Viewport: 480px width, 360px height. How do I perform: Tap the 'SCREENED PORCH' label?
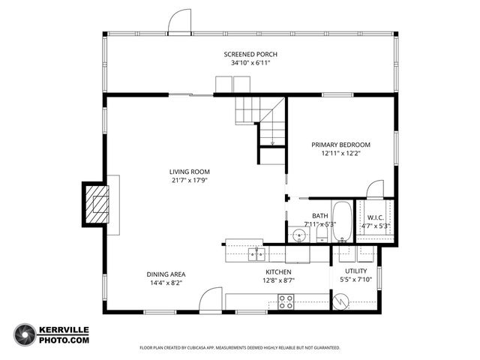coord(250,54)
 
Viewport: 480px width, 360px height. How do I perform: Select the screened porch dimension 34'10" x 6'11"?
coord(250,63)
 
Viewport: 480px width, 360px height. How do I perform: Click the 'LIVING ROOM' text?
coord(189,171)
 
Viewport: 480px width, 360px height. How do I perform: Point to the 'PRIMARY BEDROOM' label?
coord(340,145)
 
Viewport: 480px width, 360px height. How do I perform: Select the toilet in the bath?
coord(321,234)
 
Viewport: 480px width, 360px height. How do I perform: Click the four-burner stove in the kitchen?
coord(286,301)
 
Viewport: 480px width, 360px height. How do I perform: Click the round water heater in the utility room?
coord(342,301)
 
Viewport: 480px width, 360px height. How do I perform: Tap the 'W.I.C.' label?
coord(376,217)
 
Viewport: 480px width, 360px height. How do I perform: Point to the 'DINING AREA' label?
coord(166,274)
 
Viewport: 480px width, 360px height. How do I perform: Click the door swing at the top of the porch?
coord(179,22)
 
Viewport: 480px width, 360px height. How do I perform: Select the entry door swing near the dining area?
coord(211,300)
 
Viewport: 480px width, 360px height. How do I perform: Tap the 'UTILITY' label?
coord(355,271)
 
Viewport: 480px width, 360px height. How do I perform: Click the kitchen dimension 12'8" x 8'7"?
coord(278,280)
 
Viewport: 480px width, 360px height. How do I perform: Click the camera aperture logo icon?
coord(25,334)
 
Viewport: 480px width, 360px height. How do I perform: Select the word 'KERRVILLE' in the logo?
coord(64,330)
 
